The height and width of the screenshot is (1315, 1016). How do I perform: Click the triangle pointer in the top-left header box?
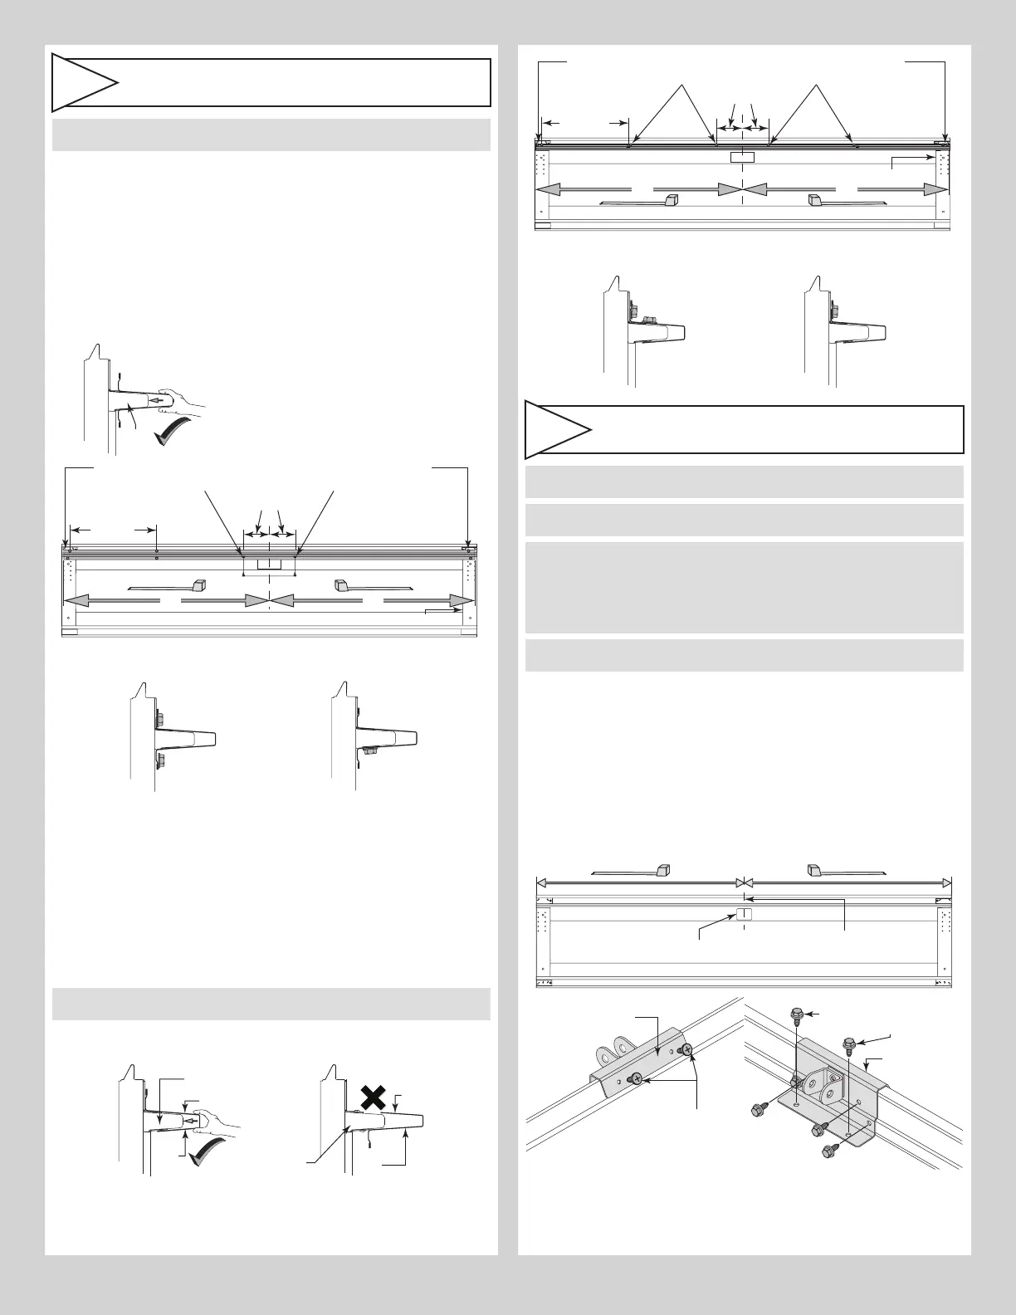84,83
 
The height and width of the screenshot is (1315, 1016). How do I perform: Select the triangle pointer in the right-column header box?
557,430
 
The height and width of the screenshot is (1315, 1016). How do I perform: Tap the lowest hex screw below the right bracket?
826,1151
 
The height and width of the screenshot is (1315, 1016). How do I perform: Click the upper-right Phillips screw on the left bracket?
686,1050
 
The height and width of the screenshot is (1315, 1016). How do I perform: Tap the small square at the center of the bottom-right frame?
744,915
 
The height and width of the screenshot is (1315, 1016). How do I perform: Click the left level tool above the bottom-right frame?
633,871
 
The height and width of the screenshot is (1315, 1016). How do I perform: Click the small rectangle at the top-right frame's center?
741,157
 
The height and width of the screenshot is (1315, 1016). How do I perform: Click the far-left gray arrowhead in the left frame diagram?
75,600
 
